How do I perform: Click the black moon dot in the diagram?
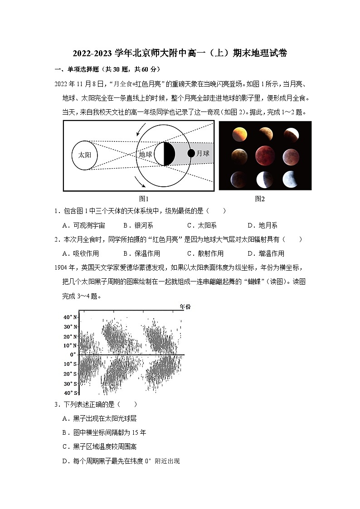[x=191, y=154]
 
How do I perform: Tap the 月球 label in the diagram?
[x=203, y=154]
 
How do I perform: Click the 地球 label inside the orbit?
[x=146, y=154]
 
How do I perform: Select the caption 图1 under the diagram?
[x=144, y=199]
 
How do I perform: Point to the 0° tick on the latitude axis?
[x=73, y=354]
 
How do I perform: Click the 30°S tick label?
[x=70, y=383]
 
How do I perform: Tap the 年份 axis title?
[x=185, y=307]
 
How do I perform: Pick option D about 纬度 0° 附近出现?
[x=121, y=461]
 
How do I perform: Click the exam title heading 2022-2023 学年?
[x=180, y=53]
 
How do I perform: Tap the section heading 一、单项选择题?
[x=108, y=69]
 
